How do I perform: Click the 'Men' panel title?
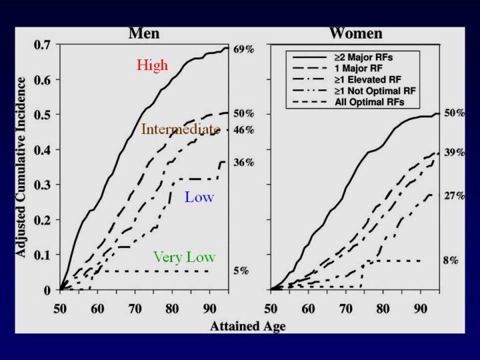144,33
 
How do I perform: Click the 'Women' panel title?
355,33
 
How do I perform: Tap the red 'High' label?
153,65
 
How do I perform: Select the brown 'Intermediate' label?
180,129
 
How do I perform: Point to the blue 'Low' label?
199,197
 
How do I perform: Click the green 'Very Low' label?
184,257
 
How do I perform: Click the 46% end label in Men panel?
243,130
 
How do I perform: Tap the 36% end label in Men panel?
243,162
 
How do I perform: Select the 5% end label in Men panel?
241,271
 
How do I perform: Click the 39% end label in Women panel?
455,153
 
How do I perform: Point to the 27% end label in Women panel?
455,196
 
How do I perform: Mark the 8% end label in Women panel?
451,261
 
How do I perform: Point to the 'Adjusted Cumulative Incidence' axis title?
21,167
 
